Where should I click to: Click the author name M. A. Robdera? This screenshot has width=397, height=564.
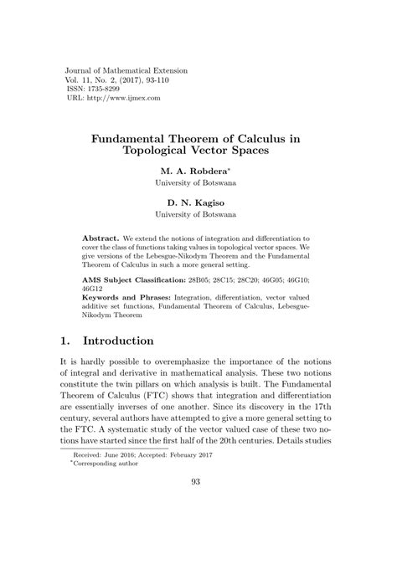point(197,170)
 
